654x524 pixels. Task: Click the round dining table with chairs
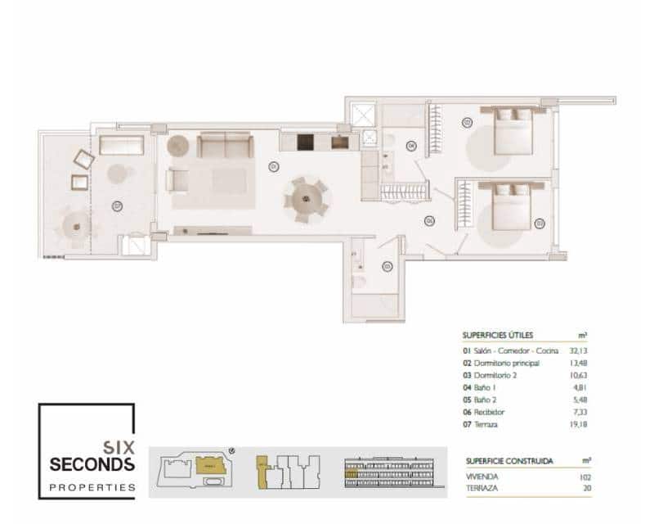point(306,198)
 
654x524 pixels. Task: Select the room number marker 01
point(273,166)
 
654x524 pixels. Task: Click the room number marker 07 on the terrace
point(118,205)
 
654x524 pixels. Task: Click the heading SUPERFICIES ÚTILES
point(498,335)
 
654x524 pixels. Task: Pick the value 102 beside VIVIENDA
point(584,477)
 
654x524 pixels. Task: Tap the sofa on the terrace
point(121,146)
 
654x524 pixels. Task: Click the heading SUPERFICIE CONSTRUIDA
point(508,461)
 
